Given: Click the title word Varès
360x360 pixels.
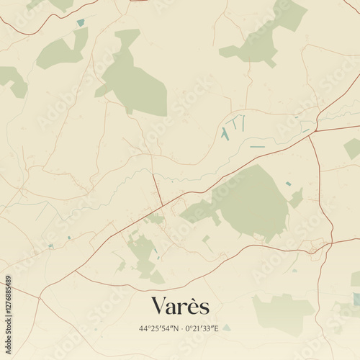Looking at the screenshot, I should (180, 306).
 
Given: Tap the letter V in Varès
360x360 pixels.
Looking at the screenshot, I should (158, 306).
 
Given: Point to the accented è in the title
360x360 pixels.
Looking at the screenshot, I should (194, 306).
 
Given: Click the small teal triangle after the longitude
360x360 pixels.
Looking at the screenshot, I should (226, 328).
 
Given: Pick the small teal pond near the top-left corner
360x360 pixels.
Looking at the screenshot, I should (81, 22).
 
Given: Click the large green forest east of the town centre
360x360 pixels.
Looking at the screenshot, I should (248, 202).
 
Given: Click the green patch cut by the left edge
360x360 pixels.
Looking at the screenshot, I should (13, 81).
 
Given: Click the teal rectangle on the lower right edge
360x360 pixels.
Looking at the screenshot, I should (356, 298).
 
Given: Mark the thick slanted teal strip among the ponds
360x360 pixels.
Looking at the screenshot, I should (225, 134).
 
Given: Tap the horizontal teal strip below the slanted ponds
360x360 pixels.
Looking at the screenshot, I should (257, 148).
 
